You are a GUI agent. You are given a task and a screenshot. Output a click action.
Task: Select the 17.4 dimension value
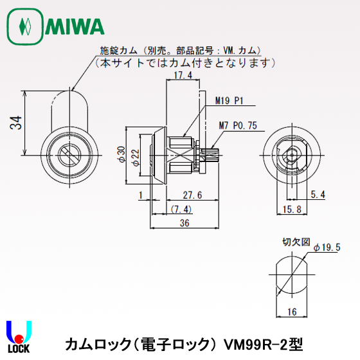click(x=184, y=76)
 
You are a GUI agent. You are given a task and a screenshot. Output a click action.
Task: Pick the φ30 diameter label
click(x=120, y=155)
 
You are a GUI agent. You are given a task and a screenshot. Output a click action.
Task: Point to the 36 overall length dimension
click(x=184, y=223)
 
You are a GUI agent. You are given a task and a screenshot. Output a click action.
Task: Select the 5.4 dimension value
click(x=318, y=195)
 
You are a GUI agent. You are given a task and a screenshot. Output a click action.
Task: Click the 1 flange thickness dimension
click(x=139, y=195)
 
